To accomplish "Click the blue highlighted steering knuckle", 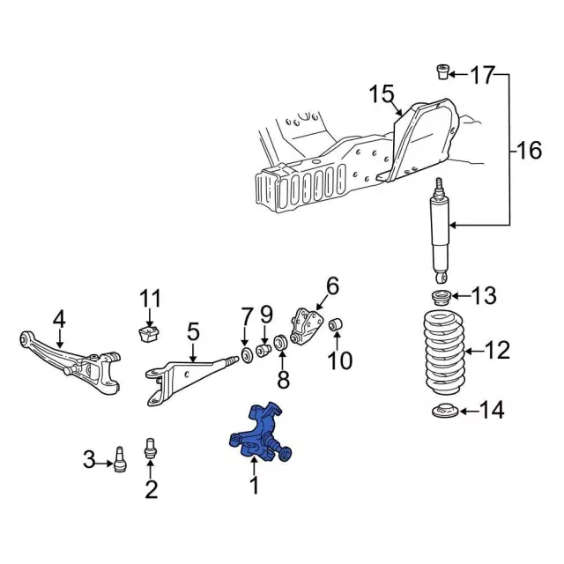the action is pyautogui.click(x=258, y=434).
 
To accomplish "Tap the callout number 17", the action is pyautogui.click(x=482, y=75).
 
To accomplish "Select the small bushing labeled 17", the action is pyautogui.click(x=442, y=71).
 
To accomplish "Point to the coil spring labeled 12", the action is pyautogui.click(x=444, y=352).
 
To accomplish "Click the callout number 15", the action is pyautogui.click(x=382, y=94).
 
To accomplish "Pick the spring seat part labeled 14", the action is pyautogui.click(x=445, y=411).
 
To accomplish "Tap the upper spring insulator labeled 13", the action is pyautogui.click(x=441, y=297).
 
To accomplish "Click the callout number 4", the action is pyautogui.click(x=59, y=319).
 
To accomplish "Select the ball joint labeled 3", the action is pyautogui.click(x=120, y=459).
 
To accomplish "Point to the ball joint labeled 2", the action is pyautogui.click(x=151, y=448).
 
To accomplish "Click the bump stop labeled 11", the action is pyautogui.click(x=149, y=334).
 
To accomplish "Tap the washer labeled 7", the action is pyautogui.click(x=247, y=355).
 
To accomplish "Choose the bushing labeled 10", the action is pyautogui.click(x=336, y=324).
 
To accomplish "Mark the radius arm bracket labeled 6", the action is pyautogui.click(x=306, y=327).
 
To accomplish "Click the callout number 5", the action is pyautogui.click(x=193, y=331).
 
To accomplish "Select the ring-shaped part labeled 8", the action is pyautogui.click(x=280, y=342).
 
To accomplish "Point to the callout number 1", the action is pyautogui.click(x=255, y=486).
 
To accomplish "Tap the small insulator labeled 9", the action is pyautogui.click(x=263, y=350).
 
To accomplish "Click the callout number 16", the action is pyautogui.click(x=529, y=150).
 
